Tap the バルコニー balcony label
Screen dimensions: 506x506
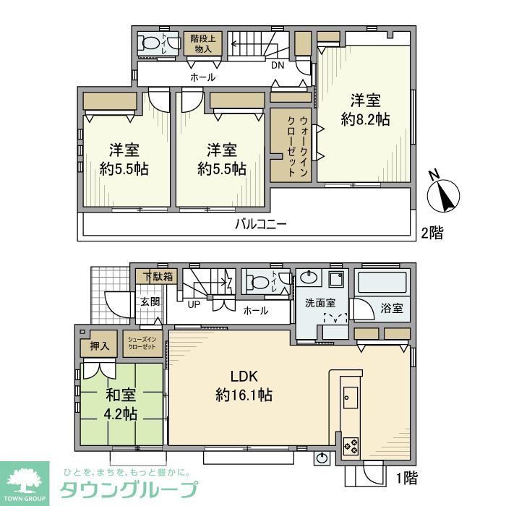pyautogui.click(x=261, y=224)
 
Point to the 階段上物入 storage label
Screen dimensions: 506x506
pyautogui.click(x=202, y=43)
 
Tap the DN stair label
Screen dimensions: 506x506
pyautogui.click(x=278, y=66)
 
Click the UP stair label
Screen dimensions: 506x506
pyautogui.click(x=194, y=304)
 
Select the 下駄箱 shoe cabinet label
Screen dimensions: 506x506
pyautogui.click(x=157, y=276)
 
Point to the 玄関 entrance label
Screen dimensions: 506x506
pyautogui.click(x=150, y=302)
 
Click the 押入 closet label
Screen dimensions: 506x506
pyautogui.click(x=100, y=346)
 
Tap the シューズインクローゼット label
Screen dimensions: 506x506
pyautogui.click(x=142, y=343)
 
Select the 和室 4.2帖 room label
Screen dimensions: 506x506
pyautogui.click(x=120, y=405)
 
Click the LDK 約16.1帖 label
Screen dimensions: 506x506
pyautogui.click(x=244, y=386)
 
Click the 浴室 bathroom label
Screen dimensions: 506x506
pyautogui.click(x=391, y=308)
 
